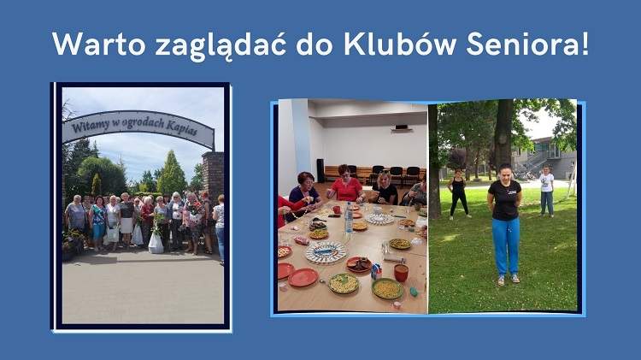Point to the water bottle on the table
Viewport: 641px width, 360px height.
(x=349, y=220)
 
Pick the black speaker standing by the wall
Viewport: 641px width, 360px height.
(x=320, y=168)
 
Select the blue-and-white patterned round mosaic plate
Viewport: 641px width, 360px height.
(x=326, y=252)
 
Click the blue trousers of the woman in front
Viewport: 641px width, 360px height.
(x=506, y=245)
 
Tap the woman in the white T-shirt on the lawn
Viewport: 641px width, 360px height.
(x=546, y=189)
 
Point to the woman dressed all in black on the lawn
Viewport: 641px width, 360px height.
(x=460, y=192)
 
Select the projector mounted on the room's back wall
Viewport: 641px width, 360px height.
(x=401, y=127)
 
